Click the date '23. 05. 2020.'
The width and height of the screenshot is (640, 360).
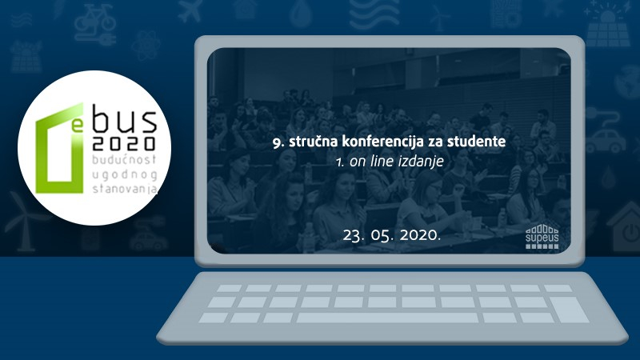[392, 235]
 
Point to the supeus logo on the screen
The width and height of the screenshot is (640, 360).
[542, 236]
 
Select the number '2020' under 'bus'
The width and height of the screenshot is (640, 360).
[124, 143]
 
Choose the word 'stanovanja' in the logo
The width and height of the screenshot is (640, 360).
[125, 189]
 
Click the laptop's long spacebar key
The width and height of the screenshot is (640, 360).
[387, 318]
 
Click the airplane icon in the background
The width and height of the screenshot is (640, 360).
[190, 11]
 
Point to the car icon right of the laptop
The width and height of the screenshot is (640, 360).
[606, 141]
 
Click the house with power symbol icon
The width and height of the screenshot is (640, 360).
[625, 226]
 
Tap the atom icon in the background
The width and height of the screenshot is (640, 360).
[146, 46]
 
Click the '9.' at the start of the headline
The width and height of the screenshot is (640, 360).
[278, 142]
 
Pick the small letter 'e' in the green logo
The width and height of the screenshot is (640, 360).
[76, 126]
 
